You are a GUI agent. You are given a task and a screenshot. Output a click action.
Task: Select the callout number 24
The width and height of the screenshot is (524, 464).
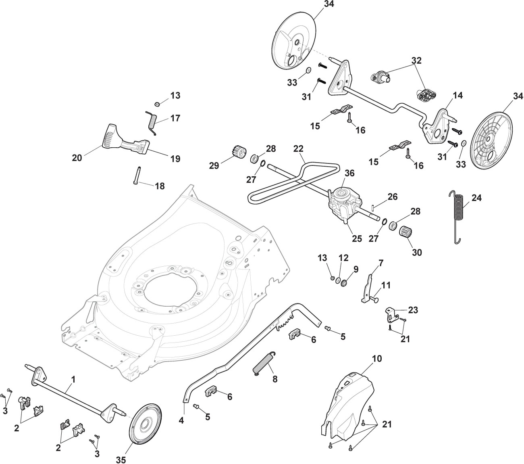click(476, 198)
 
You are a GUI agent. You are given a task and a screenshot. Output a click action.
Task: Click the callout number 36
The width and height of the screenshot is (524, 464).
click(349, 173)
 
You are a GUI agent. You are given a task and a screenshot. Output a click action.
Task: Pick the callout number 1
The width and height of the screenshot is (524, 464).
click(73, 379)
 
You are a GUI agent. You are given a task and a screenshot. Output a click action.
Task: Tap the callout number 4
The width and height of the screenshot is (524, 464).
click(181, 420)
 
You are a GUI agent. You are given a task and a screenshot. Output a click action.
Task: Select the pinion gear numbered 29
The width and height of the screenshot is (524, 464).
click(237, 154)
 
